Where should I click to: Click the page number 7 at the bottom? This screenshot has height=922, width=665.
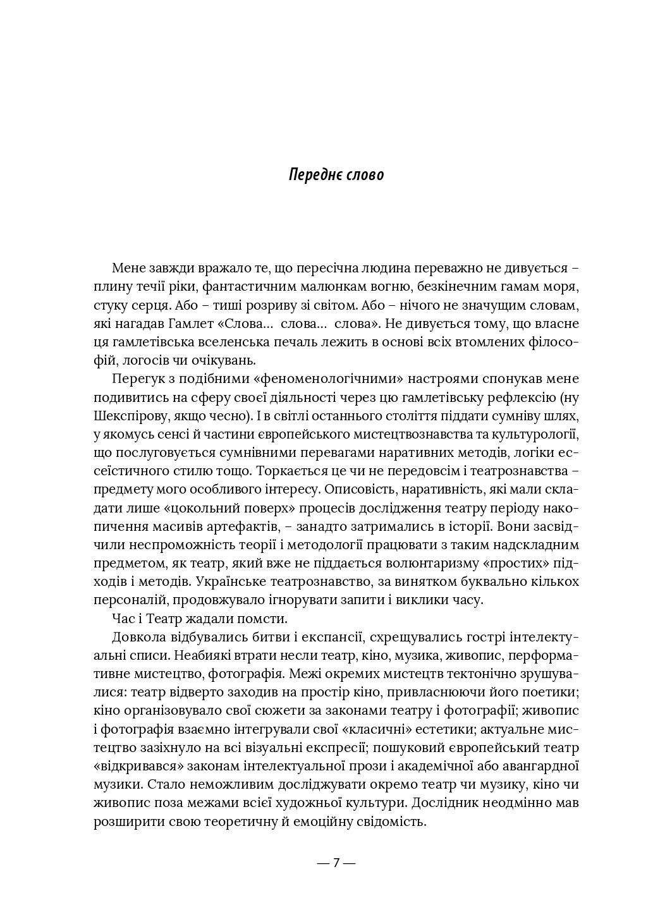pyautogui.click(x=336, y=863)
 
